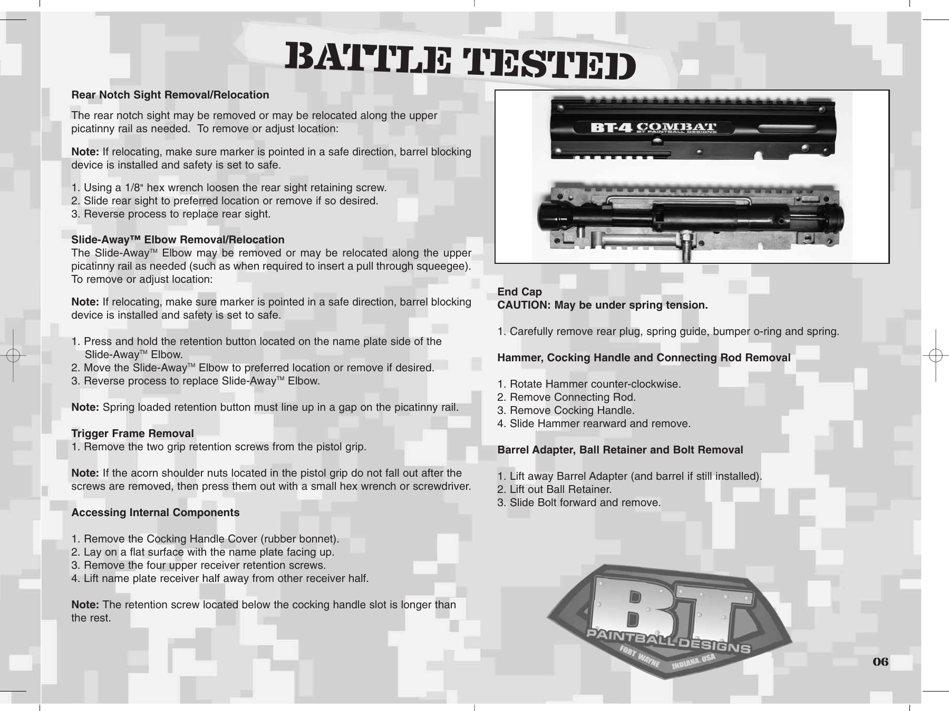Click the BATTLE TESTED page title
point(460,64)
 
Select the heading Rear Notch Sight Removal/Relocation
point(170,95)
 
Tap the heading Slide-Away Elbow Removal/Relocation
point(178,240)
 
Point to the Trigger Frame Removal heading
point(132,433)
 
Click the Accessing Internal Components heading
point(155,512)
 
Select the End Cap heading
point(519,292)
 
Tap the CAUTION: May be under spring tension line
point(603,305)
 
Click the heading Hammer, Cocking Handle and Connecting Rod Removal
point(644,358)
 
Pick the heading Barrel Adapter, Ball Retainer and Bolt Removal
point(620,450)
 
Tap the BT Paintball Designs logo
point(670,621)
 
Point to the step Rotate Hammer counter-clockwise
point(589,384)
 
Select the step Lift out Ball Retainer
point(554,489)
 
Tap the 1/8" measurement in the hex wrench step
point(136,187)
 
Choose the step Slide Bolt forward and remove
point(579,502)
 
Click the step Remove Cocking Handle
point(566,410)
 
